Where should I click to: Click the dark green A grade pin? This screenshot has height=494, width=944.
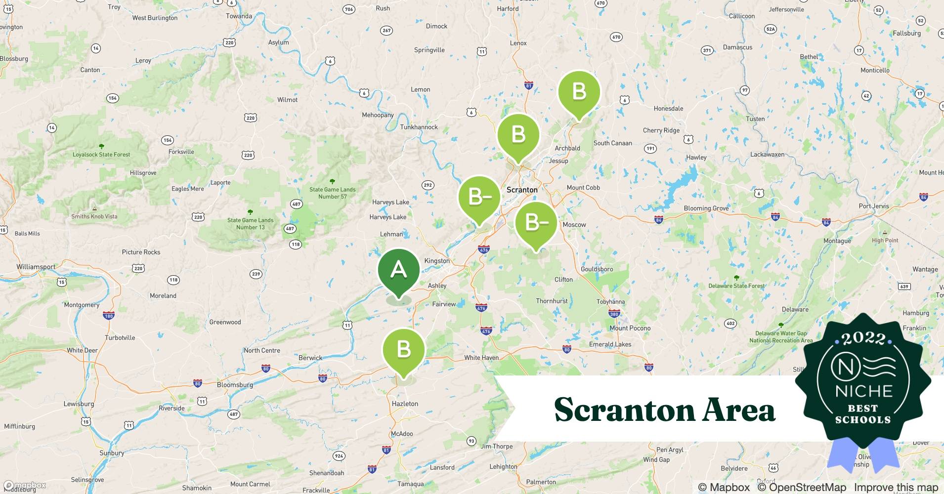point(398,270)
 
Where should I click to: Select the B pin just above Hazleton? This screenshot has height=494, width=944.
point(404,349)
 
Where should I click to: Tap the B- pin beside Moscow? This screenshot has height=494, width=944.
point(536,223)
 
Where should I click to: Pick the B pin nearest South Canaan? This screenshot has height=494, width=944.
point(579,92)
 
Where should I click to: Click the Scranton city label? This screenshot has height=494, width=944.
point(522,190)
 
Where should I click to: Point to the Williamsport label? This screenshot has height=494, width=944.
point(36,267)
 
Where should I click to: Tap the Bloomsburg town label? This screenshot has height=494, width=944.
point(235,385)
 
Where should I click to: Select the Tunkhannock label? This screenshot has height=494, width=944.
point(419,127)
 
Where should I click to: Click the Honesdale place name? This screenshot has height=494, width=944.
point(668,109)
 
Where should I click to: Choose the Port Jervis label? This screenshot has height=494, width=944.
point(873,206)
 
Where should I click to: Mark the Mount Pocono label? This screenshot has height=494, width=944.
point(630,328)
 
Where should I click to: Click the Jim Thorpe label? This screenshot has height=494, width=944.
point(497,446)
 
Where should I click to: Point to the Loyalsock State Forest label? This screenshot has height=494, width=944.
point(101,154)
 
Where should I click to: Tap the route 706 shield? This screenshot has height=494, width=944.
point(349,9)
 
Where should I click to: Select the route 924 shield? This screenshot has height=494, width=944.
point(339,456)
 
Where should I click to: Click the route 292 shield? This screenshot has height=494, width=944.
point(428,185)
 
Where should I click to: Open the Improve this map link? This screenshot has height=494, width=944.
point(896,487)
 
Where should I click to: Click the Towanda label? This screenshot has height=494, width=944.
point(239,16)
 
